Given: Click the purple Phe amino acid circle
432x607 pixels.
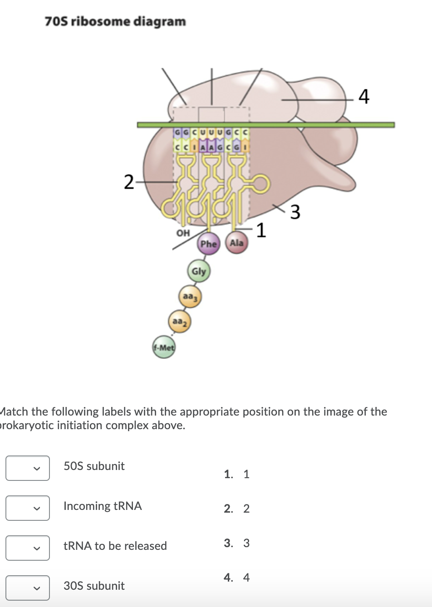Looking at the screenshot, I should [208, 244].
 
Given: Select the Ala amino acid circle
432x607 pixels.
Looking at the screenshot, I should [236, 243].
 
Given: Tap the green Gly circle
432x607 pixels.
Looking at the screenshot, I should [198, 271].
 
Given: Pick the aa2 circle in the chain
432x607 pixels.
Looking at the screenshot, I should [180, 322].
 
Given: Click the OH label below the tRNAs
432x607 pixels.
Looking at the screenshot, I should [182, 233].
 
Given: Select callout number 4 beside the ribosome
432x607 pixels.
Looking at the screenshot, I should [364, 97].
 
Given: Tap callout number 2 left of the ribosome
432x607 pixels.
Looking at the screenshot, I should [129, 182].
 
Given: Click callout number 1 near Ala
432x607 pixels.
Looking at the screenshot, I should [260, 230].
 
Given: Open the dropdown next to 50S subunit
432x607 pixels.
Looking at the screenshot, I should [28, 468].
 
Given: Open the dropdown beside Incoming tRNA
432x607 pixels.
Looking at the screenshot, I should [28, 508].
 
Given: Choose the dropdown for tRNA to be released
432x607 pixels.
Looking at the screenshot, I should [28, 548].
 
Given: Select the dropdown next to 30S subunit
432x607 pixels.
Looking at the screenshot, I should [28, 588].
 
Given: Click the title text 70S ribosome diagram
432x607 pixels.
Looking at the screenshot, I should [115, 21].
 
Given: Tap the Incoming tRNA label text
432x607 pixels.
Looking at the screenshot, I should [103, 506].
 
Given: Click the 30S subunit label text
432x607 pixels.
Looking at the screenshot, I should [94, 586].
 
